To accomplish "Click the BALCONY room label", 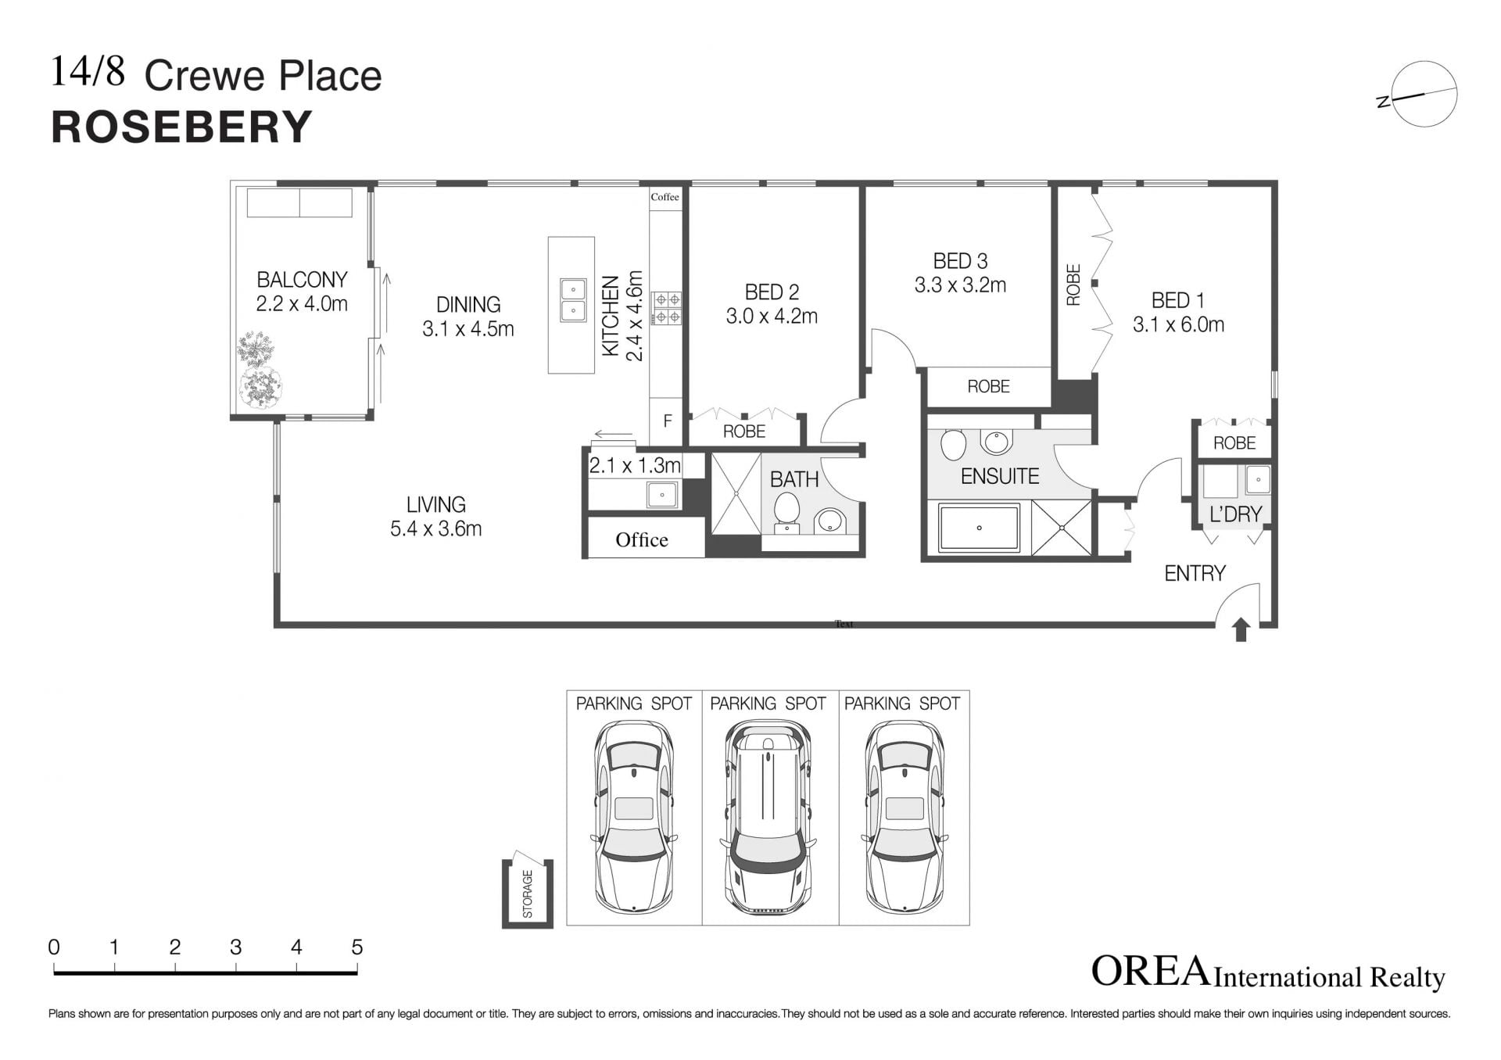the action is (302, 280).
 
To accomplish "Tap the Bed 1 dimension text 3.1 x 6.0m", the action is (1178, 324).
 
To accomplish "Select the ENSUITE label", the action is (1000, 476).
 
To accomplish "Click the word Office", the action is (642, 539).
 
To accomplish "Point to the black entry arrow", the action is (1241, 629).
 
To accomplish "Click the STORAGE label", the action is (528, 893).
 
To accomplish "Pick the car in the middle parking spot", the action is (768, 816).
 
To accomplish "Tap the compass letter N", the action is (1384, 102).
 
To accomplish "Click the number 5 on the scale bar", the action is (357, 947).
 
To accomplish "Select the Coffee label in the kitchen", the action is (665, 197).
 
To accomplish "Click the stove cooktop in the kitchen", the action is (668, 308).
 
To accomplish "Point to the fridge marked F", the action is (668, 421).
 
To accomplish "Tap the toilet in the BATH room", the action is (786, 514).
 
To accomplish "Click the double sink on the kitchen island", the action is (573, 300).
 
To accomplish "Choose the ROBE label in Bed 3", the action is (988, 386).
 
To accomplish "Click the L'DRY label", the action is (1236, 514).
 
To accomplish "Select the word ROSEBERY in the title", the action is (182, 127).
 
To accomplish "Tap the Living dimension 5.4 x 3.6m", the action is (436, 528).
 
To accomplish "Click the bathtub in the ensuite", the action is (980, 528).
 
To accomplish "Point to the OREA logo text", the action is (1150, 972).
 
